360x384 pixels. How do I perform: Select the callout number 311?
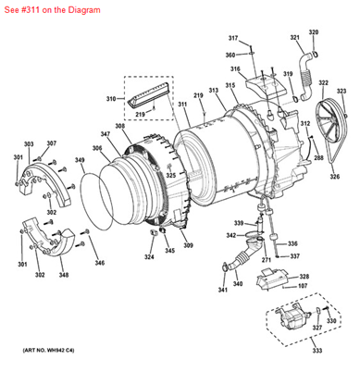tap(183, 106)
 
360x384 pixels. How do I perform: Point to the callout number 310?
tap(112, 98)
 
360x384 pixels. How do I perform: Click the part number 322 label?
tap(323, 83)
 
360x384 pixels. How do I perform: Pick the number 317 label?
tap(233, 38)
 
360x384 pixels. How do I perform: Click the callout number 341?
tap(223, 291)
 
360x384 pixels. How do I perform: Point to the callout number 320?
tap(313, 32)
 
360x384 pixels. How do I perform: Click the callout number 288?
tap(318, 158)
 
